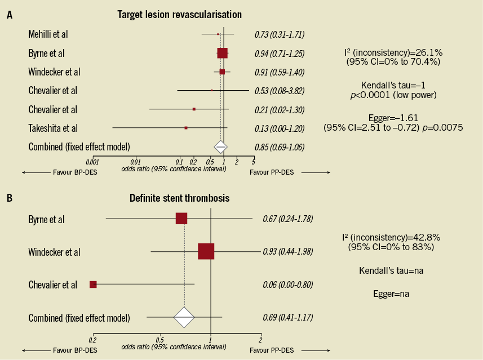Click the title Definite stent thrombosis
click(x=179, y=198)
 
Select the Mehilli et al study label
click(x=48, y=34)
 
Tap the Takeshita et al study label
click(x=53, y=128)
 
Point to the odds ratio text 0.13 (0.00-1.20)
click(x=280, y=128)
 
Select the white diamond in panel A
click(x=220, y=147)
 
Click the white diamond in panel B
click(x=184, y=318)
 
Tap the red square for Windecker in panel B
click(x=206, y=252)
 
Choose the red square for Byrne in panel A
click(x=222, y=53)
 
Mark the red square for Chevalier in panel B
click(x=93, y=285)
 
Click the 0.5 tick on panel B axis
click(x=160, y=340)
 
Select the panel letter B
click(x=9, y=198)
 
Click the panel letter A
click(x=9, y=15)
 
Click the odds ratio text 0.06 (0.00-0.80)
click(x=287, y=285)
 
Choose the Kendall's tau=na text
click(x=391, y=271)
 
